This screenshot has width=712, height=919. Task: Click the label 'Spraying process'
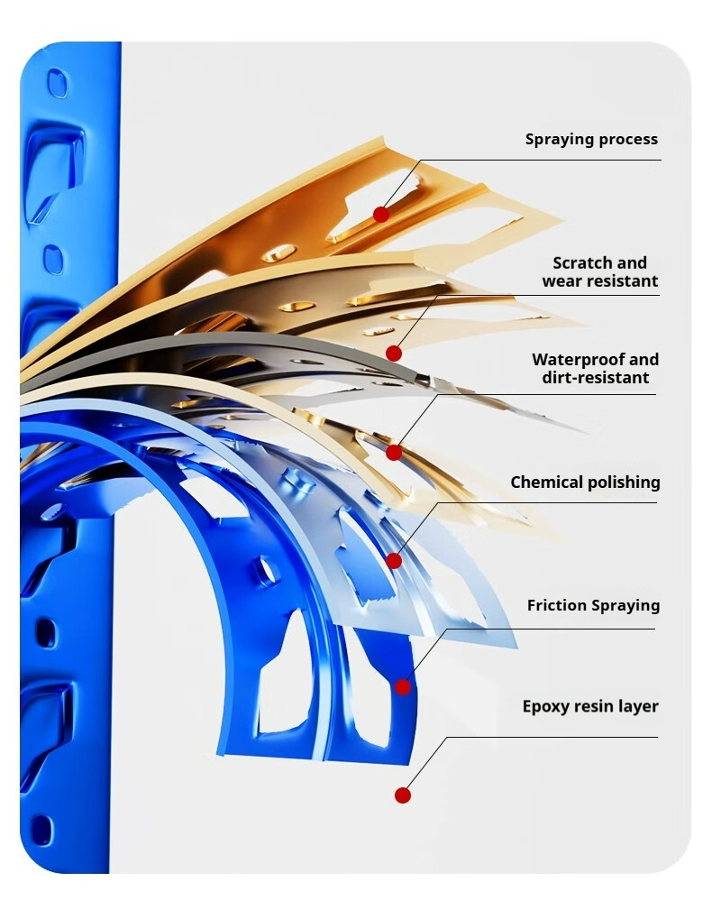[x=591, y=140]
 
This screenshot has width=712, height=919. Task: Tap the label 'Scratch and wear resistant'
[x=599, y=271]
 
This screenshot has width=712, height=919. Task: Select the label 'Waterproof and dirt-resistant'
[x=595, y=369]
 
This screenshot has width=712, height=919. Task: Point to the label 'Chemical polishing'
[x=585, y=482]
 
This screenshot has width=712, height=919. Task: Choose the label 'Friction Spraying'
[x=593, y=606]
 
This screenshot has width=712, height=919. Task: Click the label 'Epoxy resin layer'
[x=590, y=706]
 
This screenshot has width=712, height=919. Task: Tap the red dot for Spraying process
[x=381, y=215]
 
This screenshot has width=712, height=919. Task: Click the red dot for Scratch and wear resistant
[x=394, y=354]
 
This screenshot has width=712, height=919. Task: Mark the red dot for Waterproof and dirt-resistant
[x=394, y=452]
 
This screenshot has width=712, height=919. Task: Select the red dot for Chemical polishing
[x=394, y=561]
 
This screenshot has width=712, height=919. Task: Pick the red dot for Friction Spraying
[x=403, y=687]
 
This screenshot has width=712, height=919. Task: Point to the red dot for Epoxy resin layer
[x=403, y=795]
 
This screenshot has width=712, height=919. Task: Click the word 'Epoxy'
[x=546, y=707]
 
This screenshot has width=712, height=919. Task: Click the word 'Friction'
[x=556, y=606]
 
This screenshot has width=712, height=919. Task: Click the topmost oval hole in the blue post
[x=58, y=83]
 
